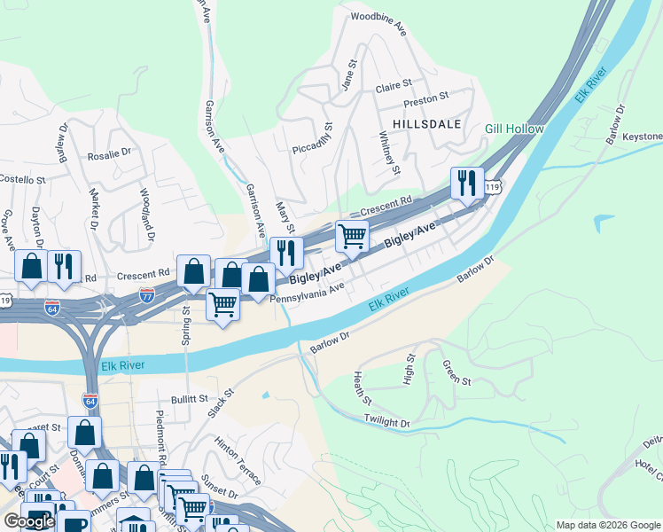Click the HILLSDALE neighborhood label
coord(424,124)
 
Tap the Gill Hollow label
coord(514,129)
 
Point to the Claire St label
coord(394,87)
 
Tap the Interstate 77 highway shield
coord(148,295)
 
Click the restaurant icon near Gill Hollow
coord(467,184)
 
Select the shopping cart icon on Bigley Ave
coord(352,237)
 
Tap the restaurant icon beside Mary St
coord(285,253)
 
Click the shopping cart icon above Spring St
coord(222,304)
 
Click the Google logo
coord(28,521)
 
